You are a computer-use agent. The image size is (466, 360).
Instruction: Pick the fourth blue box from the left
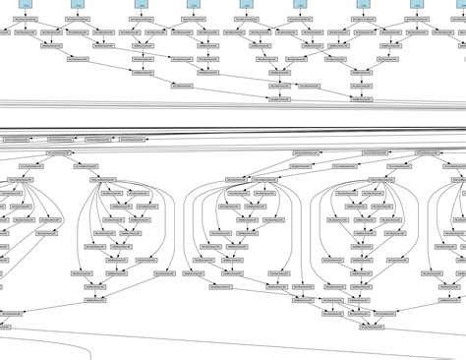tap(192, 4)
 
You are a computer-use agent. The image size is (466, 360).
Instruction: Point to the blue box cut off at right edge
tap(462, 4)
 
